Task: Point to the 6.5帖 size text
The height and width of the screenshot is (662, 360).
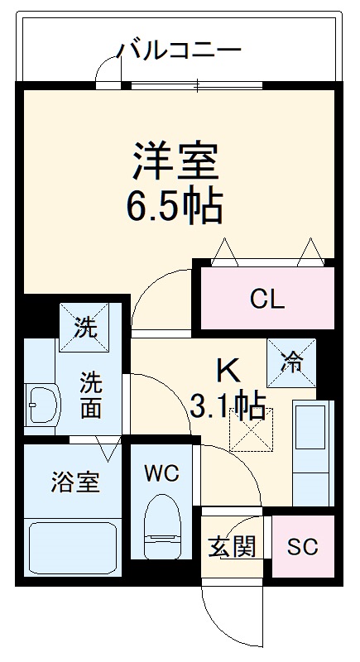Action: coord(175,207)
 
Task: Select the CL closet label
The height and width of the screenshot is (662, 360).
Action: coord(266,299)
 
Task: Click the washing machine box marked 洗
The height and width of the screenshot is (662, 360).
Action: coord(83,327)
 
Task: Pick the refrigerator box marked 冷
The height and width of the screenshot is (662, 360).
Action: coord(290,362)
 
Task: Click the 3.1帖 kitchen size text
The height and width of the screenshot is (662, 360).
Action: coord(228,405)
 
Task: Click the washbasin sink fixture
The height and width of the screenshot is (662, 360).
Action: coord(41,405)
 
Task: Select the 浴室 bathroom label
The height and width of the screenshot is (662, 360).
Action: coord(76,482)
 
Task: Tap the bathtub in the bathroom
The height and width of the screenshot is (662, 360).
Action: coord(74,550)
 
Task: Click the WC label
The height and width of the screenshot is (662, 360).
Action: coord(162,473)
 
